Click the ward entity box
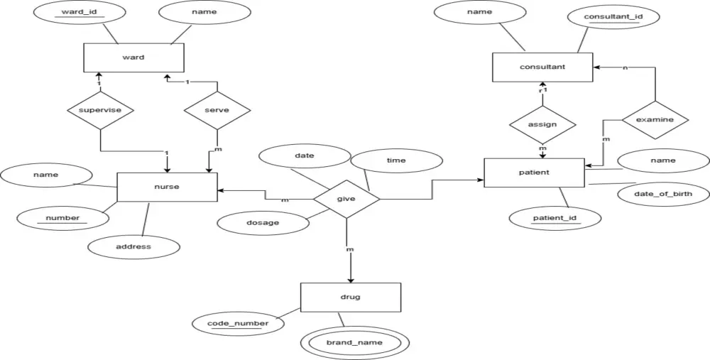coord(133,58)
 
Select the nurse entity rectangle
coord(167,187)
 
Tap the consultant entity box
coord(542,67)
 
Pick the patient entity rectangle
coord(535,173)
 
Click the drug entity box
coord(351,297)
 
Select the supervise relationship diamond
coord(100,110)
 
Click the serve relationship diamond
coord(217,111)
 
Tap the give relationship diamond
coord(346,200)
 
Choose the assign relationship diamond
coord(542,124)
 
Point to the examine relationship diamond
coord(655,120)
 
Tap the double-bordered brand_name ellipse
coord(354,342)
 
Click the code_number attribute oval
coord(238,324)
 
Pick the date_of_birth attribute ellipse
coord(662,193)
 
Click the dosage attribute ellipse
coord(263,222)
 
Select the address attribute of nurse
coord(133,246)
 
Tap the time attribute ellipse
coord(396,160)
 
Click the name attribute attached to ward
coord(204,12)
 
